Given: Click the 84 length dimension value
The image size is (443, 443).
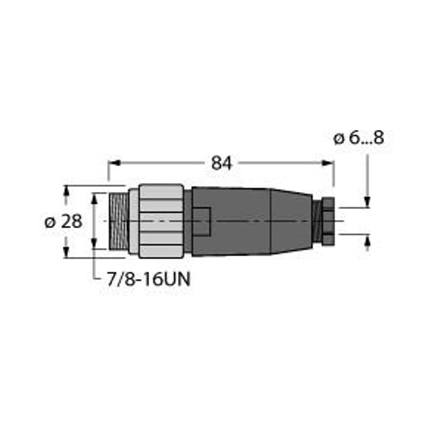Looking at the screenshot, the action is point(221,164).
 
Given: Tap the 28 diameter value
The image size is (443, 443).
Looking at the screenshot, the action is point(72,221).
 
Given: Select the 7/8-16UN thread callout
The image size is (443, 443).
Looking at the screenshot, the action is point(148,279).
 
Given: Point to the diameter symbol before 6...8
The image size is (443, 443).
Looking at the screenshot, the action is point(339,139).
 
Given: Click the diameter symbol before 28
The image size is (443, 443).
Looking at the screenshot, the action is point(50,222).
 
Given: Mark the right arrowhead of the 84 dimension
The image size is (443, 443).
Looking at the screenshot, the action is point(328,162).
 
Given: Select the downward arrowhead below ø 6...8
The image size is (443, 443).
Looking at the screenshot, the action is point(367,202).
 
